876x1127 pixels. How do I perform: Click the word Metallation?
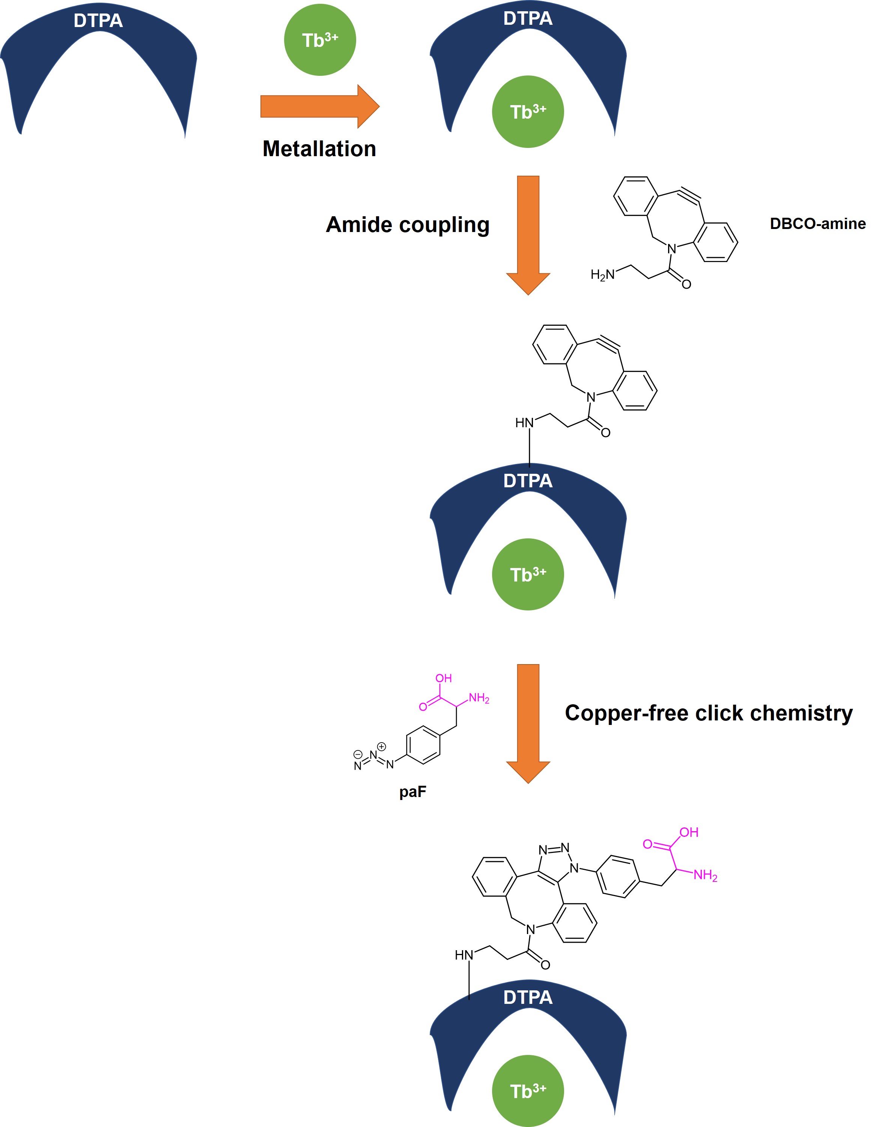[x=319, y=149]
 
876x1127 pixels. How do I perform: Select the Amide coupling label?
[x=408, y=224]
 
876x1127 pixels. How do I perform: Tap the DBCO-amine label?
[x=818, y=223]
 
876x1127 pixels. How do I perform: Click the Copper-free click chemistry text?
[x=708, y=713]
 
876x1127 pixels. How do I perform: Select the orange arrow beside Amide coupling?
[x=528, y=235]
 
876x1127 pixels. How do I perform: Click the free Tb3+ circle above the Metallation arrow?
[x=320, y=40]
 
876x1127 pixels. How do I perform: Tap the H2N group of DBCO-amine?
[x=602, y=274]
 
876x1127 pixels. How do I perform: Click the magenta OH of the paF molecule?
[x=444, y=678]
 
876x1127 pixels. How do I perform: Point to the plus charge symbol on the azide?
[x=381, y=746]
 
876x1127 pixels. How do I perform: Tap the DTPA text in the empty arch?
[x=98, y=21]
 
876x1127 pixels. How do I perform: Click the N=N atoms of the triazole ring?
[x=554, y=849]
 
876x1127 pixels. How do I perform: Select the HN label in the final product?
[x=464, y=955]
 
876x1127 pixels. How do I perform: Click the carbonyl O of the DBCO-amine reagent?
[x=686, y=284]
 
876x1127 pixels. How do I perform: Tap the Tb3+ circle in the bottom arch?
[x=528, y=1091]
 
